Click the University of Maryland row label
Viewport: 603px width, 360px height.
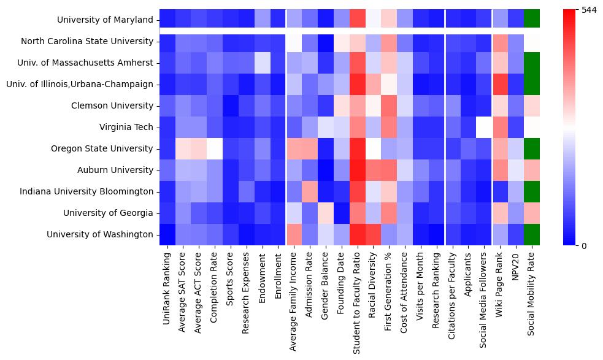(105, 20)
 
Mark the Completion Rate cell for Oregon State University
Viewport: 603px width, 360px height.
(215, 148)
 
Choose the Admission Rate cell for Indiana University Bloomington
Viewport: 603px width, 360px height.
(311, 191)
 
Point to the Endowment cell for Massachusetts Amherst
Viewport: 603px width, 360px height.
(263, 63)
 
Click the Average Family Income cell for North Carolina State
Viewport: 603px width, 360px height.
(295, 41)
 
